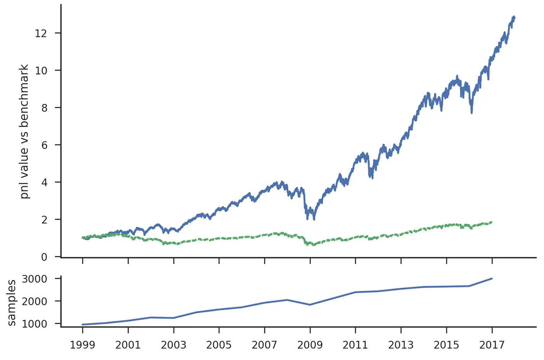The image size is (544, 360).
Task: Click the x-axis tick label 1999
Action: [82, 345]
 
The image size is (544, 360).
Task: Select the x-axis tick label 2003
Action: [173, 345]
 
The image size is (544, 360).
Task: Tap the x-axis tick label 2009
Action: [310, 345]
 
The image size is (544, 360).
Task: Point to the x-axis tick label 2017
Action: [492, 345]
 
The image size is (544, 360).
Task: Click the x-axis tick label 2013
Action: [401, 345]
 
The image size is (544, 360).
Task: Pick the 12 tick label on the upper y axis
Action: [41, 33]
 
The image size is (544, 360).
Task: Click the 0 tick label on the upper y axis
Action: [44, 257]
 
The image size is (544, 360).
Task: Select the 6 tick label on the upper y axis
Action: [44, 145]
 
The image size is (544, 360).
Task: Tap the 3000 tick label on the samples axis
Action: [35, 279]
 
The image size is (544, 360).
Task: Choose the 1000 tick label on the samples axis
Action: [35, 324]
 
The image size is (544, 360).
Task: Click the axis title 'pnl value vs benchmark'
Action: [24, 132]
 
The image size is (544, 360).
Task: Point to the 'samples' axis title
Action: [12, 303]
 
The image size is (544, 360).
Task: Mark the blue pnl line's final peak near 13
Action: [514, 17]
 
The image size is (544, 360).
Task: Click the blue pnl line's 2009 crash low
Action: [314, 219]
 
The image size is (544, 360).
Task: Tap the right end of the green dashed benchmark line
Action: [492, 222]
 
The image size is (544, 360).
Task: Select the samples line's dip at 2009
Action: [310, 305]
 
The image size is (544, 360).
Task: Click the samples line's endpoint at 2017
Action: [492, 278]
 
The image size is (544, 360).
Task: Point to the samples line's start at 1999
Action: [82, 324]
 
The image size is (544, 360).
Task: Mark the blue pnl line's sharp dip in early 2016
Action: [472, 113]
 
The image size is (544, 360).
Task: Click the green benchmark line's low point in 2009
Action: [314, 245]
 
